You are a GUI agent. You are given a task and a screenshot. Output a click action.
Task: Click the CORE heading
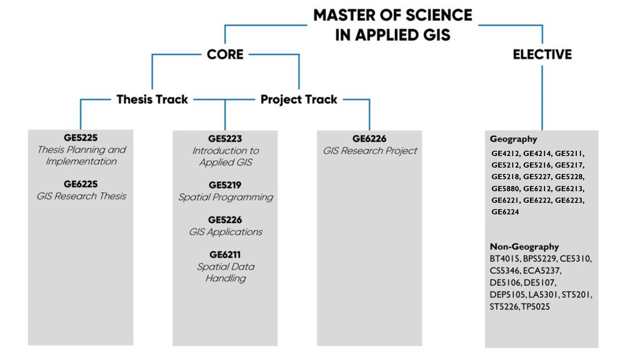225,54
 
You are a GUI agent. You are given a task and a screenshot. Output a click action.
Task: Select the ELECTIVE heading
542,54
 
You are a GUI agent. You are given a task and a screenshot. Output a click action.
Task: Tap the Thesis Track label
152,99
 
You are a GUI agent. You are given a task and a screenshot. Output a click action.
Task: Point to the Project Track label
299,99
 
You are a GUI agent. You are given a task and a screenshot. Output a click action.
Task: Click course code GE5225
80,138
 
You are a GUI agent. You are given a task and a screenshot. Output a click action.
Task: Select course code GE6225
80,184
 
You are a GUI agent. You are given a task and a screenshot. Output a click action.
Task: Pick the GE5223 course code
225,139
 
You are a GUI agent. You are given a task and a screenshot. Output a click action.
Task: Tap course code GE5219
225,185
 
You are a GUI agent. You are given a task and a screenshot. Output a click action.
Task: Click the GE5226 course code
225,220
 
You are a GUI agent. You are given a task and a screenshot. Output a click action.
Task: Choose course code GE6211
225,255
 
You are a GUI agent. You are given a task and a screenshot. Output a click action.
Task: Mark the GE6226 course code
369,139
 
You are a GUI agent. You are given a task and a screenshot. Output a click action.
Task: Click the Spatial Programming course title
226,197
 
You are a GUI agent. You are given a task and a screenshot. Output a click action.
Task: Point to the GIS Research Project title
370,151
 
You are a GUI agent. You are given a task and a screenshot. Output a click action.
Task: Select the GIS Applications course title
226,232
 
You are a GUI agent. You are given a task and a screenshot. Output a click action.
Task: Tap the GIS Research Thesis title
81,196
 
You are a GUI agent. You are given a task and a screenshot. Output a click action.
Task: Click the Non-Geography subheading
524,247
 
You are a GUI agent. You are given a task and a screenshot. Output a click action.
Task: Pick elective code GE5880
506,188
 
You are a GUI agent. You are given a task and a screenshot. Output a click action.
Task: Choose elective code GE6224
505,212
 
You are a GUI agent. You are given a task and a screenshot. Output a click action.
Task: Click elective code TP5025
536,307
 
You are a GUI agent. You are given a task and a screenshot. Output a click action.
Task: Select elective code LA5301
543,295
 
